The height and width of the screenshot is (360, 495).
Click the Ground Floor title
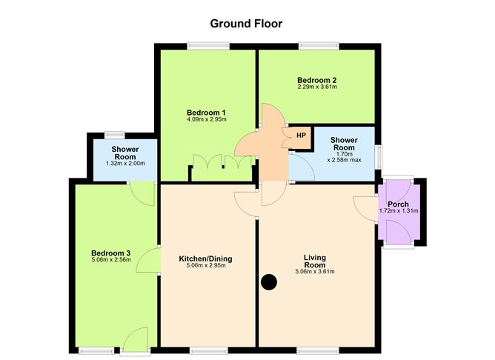(246, 23)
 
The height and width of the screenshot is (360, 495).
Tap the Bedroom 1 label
(206, 112)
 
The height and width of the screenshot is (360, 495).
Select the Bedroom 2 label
(317, 80)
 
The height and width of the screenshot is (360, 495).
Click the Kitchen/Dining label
(206, 259)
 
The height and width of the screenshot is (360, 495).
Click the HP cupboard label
(301, 136)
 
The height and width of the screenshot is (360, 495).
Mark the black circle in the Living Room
(269, 281)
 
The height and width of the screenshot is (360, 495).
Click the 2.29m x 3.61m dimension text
(317, 87)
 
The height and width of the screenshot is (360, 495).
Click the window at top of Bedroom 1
(206, 46)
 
